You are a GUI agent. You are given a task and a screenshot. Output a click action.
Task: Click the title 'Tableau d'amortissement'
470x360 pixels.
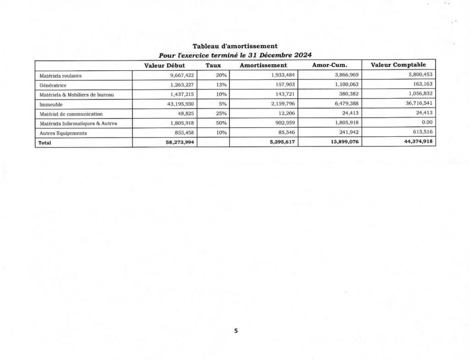coord(235,46)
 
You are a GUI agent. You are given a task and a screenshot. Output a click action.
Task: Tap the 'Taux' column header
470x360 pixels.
coord(213,66)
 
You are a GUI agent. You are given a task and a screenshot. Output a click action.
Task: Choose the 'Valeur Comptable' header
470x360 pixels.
coord(398,65)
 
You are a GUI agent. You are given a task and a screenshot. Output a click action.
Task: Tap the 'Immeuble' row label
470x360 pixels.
coord(50,104)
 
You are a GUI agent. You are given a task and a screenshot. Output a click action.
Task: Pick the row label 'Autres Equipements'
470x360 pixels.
coord(63,133)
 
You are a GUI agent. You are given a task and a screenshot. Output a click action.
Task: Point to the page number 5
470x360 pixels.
coord(235,331)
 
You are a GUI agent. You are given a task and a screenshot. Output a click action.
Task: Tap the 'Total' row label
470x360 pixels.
coord(45,143)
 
